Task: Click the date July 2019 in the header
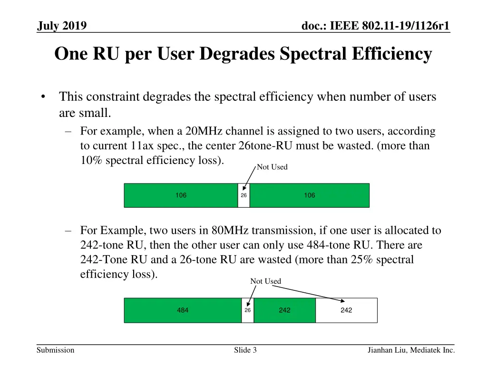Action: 62,26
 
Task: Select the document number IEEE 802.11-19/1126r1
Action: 376,26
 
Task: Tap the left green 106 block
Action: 181,195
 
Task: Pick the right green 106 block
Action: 309,195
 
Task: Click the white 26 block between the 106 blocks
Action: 243,195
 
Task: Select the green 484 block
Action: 183,310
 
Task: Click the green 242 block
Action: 284,310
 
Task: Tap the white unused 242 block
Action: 346,310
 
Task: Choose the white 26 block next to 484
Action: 247,310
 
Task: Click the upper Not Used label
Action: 272,167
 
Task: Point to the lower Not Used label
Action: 265,281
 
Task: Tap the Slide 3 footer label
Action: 245,350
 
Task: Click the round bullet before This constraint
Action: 43,97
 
